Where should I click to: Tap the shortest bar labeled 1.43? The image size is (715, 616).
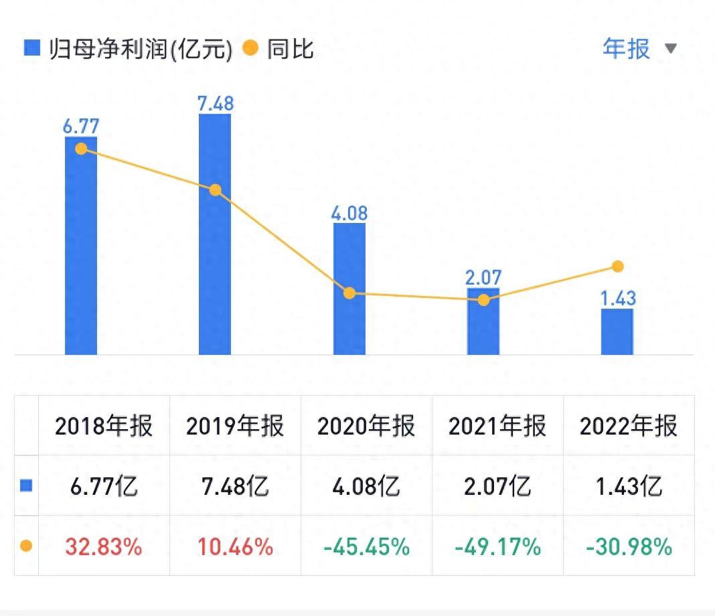pos(617,331)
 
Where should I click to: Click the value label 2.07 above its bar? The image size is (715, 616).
pos(483,277)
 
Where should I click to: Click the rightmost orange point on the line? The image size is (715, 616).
pos(618,266)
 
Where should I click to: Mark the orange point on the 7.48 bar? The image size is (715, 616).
pos(215,190)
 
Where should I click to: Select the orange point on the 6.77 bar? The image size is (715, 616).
pos(81,149)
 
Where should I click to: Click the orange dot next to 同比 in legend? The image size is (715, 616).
pos(250,48)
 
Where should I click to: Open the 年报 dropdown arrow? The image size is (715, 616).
pos(671,48)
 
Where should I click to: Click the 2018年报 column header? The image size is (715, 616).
pos(104,426)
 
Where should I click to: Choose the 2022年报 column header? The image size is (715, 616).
pos(629,426)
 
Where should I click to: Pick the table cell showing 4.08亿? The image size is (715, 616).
pos(367,486)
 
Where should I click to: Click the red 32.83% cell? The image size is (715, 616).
pos(104,546)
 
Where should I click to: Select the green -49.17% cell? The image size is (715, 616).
pos(497,546)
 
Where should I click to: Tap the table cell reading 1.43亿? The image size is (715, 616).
pos(629,486)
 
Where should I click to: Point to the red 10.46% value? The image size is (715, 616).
pos(235,546)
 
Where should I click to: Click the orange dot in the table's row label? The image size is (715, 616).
pos(26,546)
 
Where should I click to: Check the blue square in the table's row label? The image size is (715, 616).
pos(26,486)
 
